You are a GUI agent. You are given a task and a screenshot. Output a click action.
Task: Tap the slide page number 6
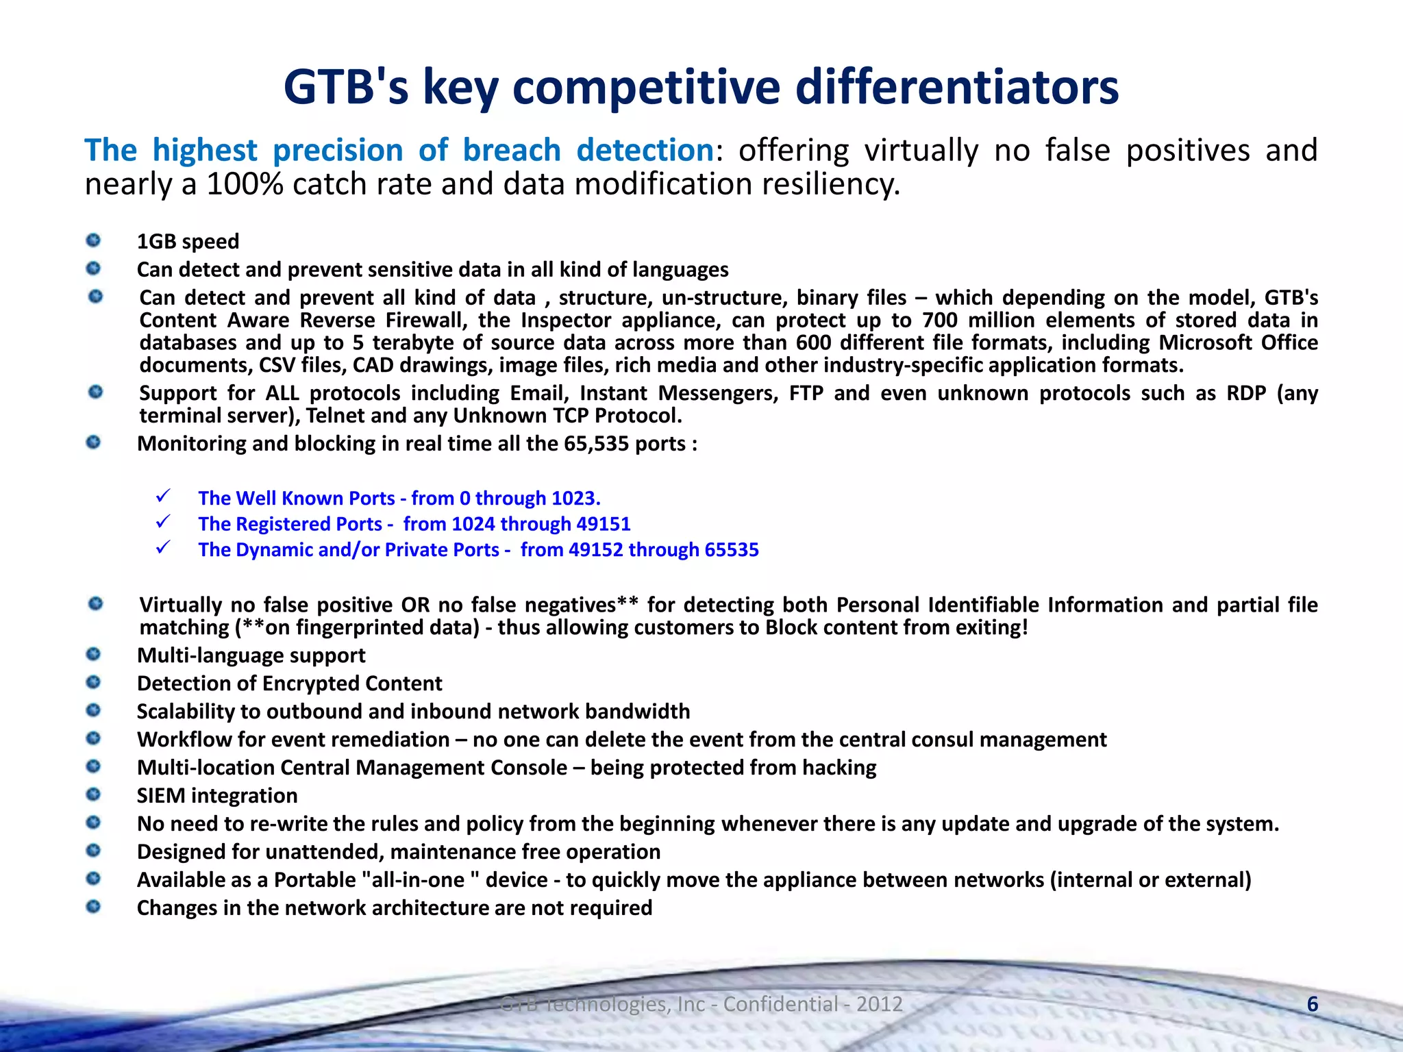click(x=1313, y=1004)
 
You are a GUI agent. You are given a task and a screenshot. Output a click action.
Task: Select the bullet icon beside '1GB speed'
click(x=94, y=240)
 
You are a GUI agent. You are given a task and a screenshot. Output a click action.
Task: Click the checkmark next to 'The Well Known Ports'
click(x=163, y=495)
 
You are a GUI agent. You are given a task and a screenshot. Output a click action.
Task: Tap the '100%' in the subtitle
click(x=245, y=184)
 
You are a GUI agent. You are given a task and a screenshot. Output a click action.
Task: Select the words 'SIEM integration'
click(x=217, y=795)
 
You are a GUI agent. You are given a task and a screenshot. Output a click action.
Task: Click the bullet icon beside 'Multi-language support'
click(x=94, y=655)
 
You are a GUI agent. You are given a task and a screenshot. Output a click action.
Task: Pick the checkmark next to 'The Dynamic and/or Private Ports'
click(x=163, y=547)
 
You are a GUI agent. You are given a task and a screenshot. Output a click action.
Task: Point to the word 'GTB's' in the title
click(x=346, y=87)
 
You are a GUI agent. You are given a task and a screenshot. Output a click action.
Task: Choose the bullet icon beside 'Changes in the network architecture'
click(x=94, y=907)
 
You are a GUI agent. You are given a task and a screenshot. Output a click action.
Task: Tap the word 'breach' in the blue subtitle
click(x=512, y=150)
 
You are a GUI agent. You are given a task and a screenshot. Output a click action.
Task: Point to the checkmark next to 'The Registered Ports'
click(x=163, y=521)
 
